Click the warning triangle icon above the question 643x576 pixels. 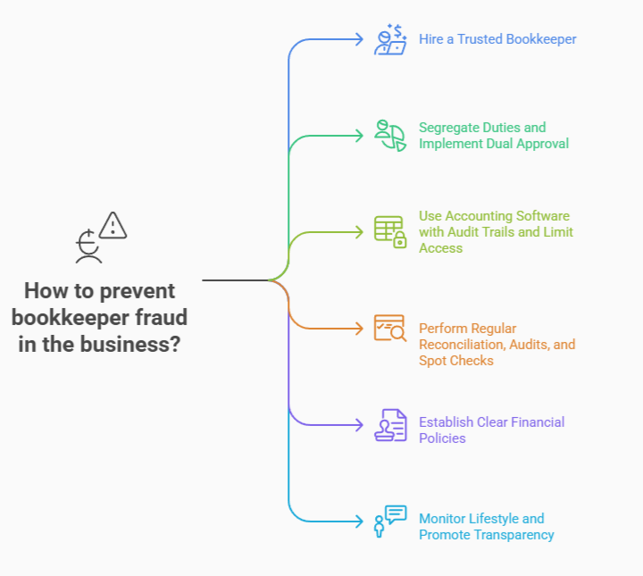point(113,226)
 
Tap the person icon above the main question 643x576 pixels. point(88,247)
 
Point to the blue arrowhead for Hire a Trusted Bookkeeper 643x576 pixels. point(359,39)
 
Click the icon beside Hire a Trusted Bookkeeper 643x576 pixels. point(389,39)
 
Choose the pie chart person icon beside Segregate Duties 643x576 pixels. point(389,135)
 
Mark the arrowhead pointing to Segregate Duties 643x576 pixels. point(359,136)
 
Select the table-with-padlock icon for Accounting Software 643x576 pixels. point(389,231)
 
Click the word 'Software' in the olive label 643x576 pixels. point(541,216)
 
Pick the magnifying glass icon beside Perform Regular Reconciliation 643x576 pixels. point(389,328)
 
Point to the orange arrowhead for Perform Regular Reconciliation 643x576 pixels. point(359,328)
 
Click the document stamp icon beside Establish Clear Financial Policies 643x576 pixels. point(389,424)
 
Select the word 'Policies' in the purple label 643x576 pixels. point(442,438)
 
